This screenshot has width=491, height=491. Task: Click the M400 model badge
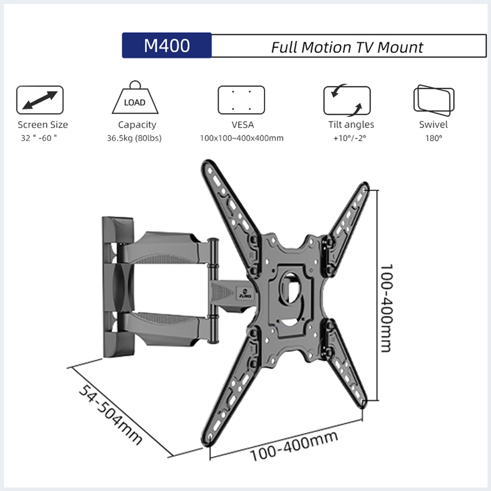(166, 46)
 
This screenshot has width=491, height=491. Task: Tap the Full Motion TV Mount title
(347, 47)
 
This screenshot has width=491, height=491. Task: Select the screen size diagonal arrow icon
(40, 100)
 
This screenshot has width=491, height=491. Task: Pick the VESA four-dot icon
(241, 100)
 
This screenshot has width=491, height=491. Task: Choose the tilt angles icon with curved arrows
(347, 100)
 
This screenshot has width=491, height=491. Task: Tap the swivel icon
(434, 100)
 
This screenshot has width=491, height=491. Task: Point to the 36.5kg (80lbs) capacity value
(134, 138)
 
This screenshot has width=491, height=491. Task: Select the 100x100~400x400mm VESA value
(242, 138)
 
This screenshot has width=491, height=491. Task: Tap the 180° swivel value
(434, 138)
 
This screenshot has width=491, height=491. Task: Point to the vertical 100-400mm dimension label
(386, 307)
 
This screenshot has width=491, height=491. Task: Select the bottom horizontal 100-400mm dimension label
(294, 446)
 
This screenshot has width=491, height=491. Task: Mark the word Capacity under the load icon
(137, 125)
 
